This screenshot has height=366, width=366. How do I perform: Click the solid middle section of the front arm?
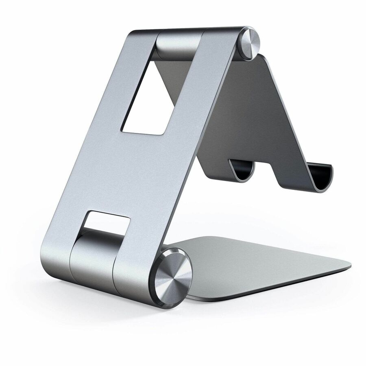(x=134, y=171)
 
